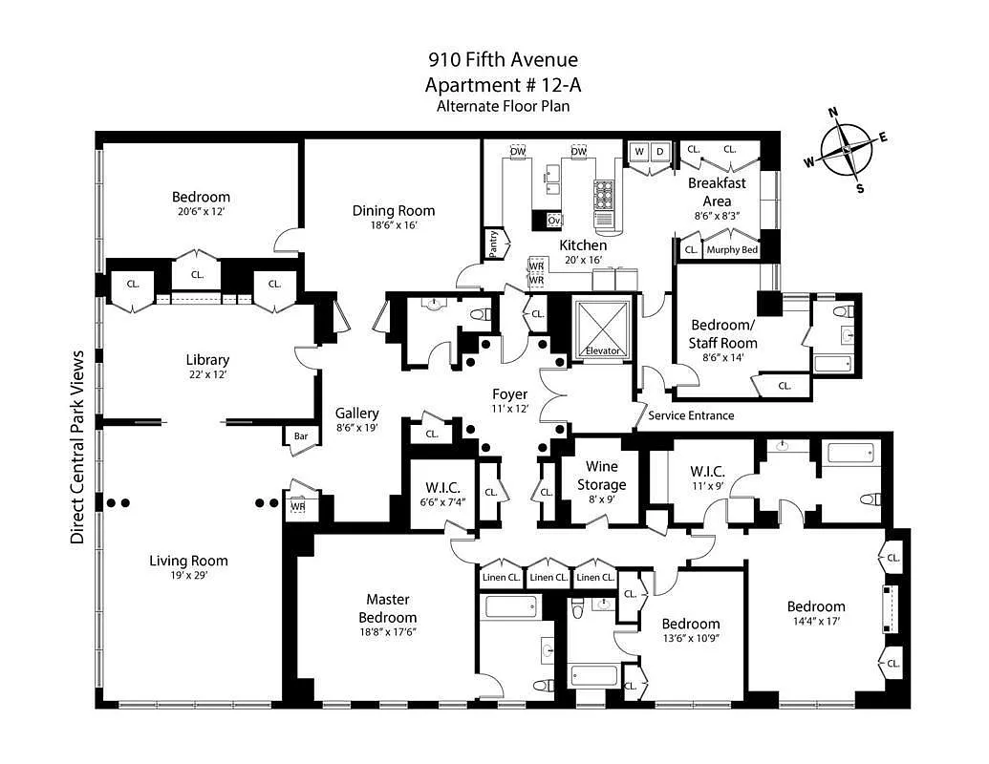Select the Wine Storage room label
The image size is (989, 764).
(602, 476)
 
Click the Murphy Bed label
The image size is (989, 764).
(731, 250)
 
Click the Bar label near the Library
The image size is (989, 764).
(300, 436)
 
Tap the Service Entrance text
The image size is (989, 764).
(691, 415)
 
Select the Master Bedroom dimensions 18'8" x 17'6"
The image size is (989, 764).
(388, 631)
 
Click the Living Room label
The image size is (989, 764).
(188, 561)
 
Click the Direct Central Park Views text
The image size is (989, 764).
(77, 447)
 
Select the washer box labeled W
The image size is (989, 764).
(638, 151)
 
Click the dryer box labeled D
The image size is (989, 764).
(659, 151)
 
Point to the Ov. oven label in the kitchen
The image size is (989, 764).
(553, 221)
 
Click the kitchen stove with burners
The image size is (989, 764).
(604, 195)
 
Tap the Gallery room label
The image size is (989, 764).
(357, 414)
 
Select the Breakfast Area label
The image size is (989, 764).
(717, 191)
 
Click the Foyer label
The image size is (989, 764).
(509, 394)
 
